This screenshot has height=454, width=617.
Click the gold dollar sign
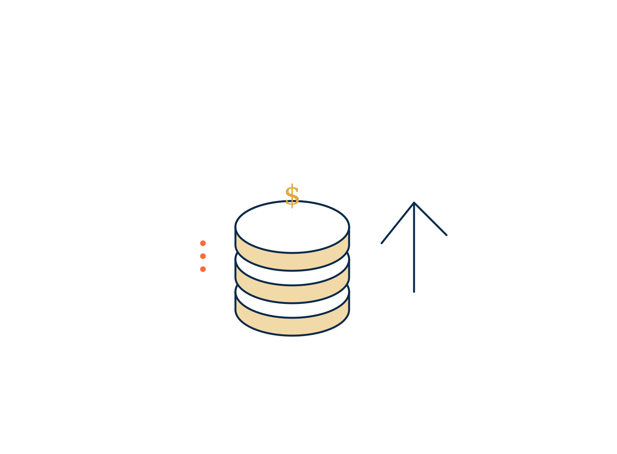[x=292, y=196]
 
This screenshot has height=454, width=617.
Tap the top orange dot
[x=203, y=243]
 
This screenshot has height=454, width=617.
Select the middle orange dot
[x=203, y=256]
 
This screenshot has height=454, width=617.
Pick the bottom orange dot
[x=203, y=269]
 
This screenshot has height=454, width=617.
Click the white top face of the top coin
[x=292, y=227]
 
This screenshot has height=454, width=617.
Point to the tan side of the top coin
[x=292, y=261]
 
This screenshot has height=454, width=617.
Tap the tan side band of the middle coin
[x=292, y=294]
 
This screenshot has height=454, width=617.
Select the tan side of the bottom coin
[x=292, y=327]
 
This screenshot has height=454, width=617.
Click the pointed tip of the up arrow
[x=414, y=203]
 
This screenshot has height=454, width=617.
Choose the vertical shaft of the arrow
[x=414, y=247]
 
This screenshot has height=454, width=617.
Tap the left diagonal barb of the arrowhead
[x=398, y=223]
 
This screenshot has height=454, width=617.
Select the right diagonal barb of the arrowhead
[x=430, y=219]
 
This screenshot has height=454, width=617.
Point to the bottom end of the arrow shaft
[x=414, y=292]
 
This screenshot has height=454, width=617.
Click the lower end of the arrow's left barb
[x=382, y=243]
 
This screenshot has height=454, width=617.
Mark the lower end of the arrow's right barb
[x=447, y=235]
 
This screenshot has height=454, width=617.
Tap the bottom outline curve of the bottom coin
[x=292, y=335]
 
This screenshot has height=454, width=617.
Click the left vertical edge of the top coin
[x=235, y=236]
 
